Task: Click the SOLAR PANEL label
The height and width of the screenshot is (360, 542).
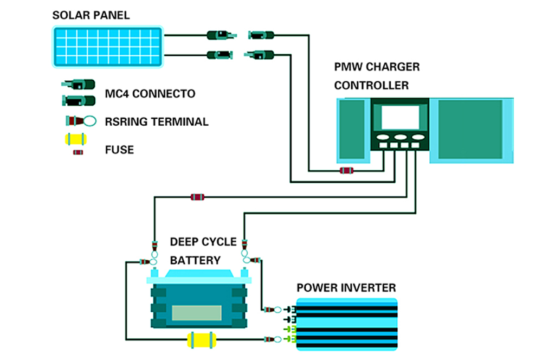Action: click(91, 15)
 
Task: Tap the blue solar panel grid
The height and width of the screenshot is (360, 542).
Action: click(108, 47)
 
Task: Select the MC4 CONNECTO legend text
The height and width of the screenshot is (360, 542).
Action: click(150, 94)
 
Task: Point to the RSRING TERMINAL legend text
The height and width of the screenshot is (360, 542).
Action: click(156, 121)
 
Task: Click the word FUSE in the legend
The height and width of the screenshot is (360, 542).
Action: click(119, 149)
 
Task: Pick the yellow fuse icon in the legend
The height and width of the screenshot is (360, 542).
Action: click(75, 139)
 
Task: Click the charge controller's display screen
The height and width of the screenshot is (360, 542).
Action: click(400, 117)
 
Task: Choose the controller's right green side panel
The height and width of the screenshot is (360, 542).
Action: click(466, 130)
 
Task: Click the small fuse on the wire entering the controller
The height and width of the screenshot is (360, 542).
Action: click(346, 171)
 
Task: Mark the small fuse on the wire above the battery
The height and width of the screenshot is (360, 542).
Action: click(197, 197)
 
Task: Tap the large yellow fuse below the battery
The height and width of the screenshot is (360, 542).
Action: click(201, 340)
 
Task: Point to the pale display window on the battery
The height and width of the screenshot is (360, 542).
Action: click(197, 313)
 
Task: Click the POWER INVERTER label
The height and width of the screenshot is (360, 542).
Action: click(346, 287)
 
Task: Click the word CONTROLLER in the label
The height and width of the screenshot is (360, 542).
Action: click(371, 85)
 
